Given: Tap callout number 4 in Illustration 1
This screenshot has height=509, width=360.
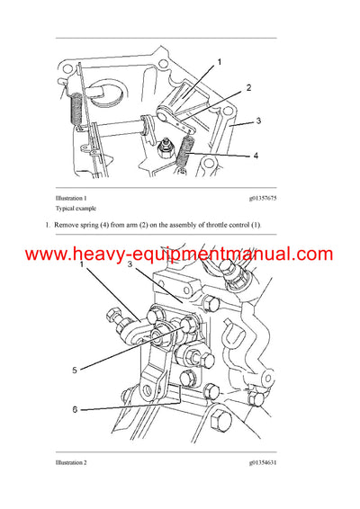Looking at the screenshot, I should pos(256,156).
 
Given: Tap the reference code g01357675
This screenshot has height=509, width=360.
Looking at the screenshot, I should pos(257,197).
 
